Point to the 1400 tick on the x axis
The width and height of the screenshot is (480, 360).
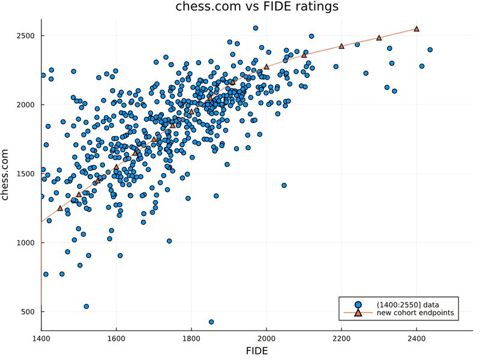click(41, 338)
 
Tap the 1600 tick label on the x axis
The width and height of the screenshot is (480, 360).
click(116, 338)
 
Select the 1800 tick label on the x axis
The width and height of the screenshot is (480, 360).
click(191, 338)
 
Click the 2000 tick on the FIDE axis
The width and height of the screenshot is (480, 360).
click(266, 338)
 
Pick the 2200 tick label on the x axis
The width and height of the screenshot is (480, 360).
click(341, 338)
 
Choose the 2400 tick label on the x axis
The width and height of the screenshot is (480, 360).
click(416, 338)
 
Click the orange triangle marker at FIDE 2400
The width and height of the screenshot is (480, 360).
click(416, 29)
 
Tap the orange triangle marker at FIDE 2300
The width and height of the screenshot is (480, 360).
click(379, 38)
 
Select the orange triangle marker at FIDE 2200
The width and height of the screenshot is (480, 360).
click(341, 46)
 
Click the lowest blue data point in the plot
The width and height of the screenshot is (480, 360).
click(211, 322)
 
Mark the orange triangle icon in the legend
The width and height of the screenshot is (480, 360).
click(358, 313)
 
